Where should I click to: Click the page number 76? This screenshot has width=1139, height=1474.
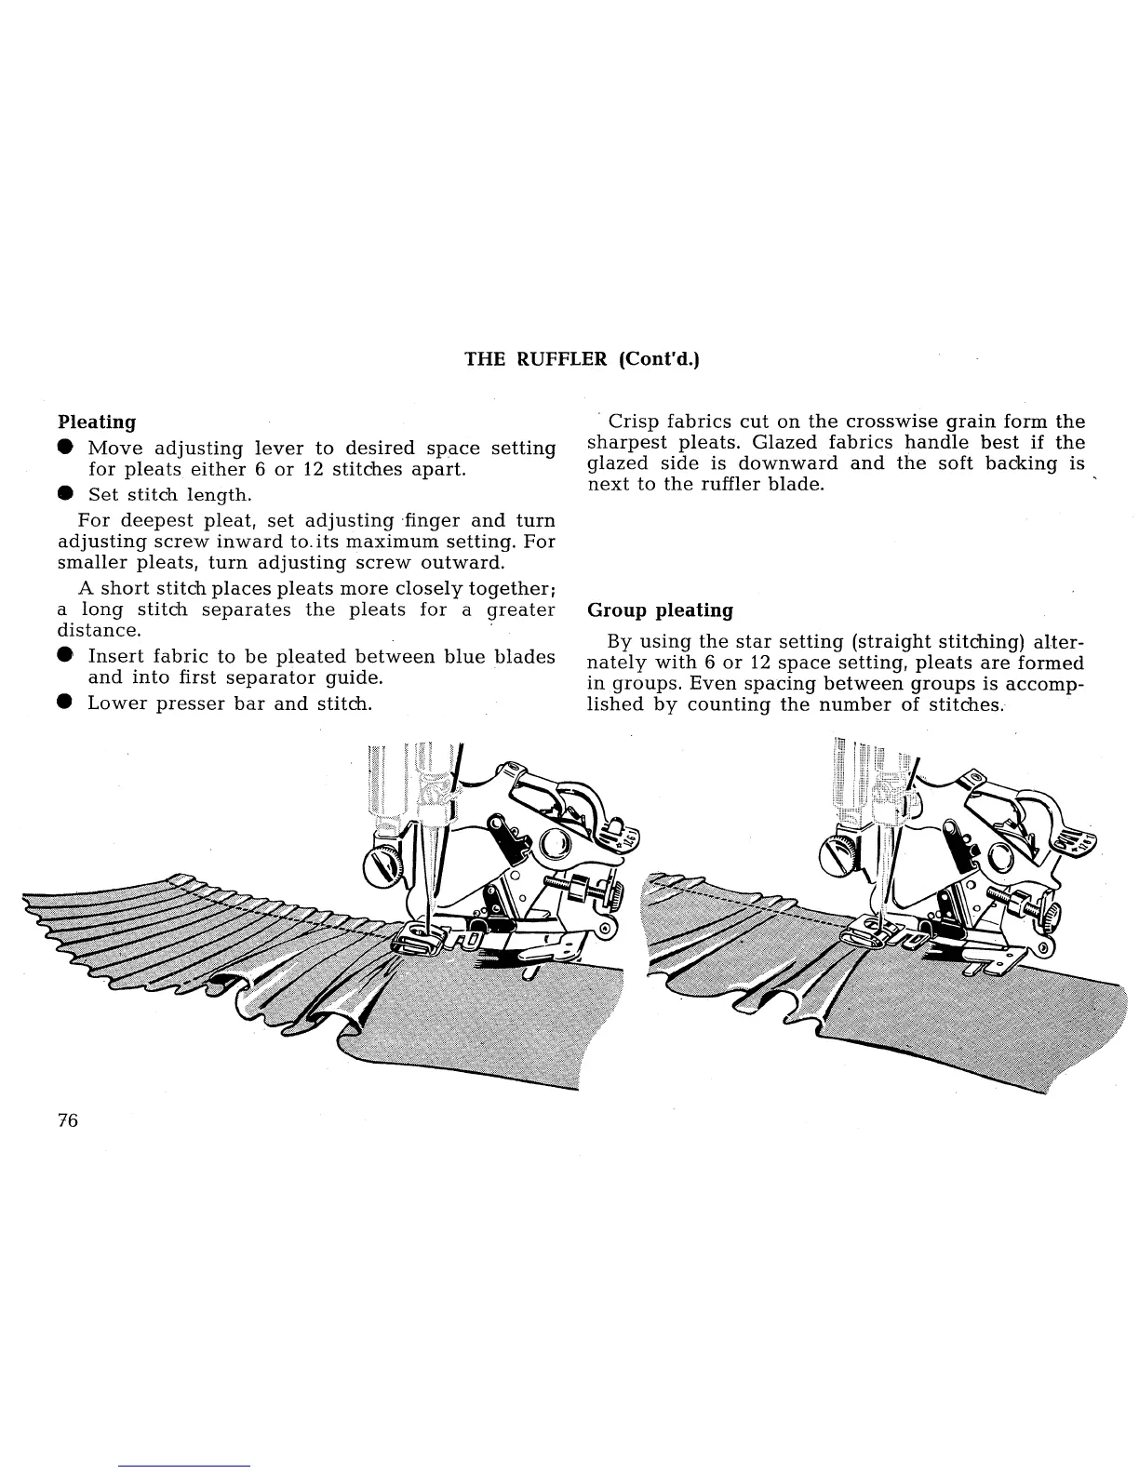pyautogui.click(x=68, y=1119)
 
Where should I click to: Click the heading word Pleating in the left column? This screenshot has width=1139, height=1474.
pyautogui.click(x=97, y=422)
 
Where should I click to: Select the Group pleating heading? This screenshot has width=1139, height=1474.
pyautogui.click(x=660, y=611)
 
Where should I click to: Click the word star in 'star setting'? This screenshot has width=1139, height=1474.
pyautogui.click(x=750, y=641)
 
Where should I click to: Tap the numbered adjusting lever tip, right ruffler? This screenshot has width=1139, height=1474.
pyautogui.click(x=1081, y=846)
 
